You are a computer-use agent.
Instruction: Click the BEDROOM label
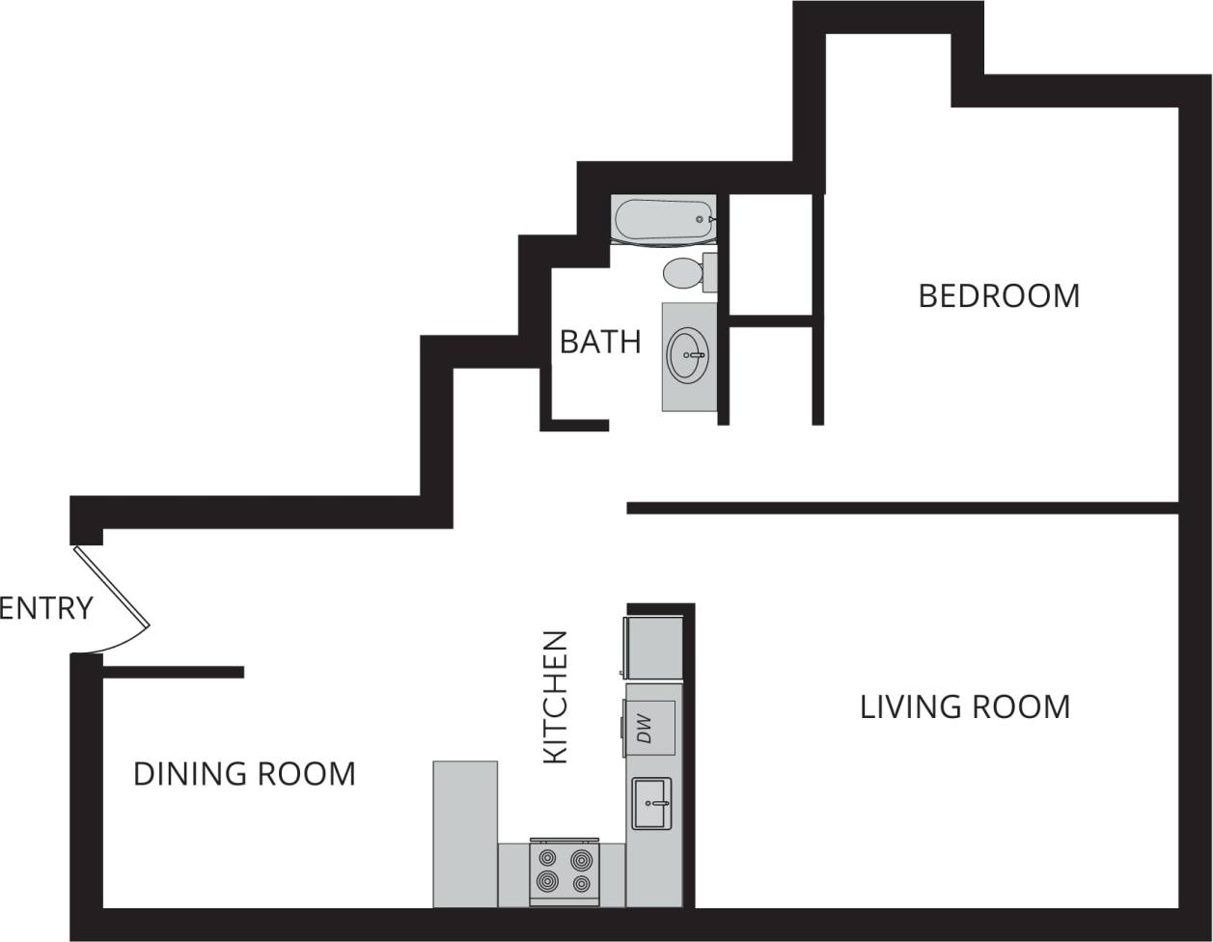click(998, 295)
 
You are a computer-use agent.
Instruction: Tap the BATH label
click(600, 342)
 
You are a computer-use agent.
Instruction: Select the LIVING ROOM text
click(964, 706)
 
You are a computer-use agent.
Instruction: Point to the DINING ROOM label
click(244, 774)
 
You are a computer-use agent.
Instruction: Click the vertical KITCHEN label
click(555, 697)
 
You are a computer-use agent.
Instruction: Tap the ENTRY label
click(46, 608)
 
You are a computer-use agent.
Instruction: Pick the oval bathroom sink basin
click(687, 355)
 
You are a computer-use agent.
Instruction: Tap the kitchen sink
click(651, 803)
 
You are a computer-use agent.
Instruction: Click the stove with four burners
click(565, 872)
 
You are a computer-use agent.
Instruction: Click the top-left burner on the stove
click(547, 858)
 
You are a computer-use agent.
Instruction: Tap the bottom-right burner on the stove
click(582, 883)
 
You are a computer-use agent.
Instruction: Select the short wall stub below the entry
click(174, 672)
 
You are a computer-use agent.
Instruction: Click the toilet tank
click(709, 272)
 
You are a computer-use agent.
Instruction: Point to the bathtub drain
click(700, 220)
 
